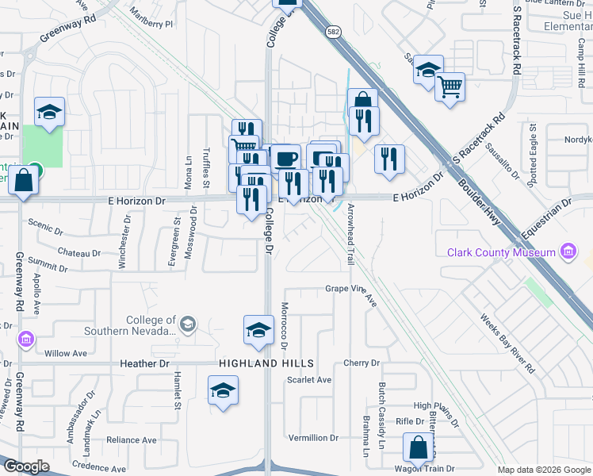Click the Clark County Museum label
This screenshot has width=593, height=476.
pos(500,252)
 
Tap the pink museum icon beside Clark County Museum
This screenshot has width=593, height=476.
pos(568,252)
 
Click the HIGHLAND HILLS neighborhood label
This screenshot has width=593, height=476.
pos(266,363)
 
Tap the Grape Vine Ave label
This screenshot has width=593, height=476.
pos(351,289)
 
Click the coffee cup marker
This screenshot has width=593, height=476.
pos(286,157)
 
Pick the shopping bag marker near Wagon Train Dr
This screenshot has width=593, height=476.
pos(417,448)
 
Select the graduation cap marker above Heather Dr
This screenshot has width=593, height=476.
pos(258,332)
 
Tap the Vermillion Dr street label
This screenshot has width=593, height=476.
pos(313,438)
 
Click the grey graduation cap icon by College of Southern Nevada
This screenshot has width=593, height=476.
pos(187,324)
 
